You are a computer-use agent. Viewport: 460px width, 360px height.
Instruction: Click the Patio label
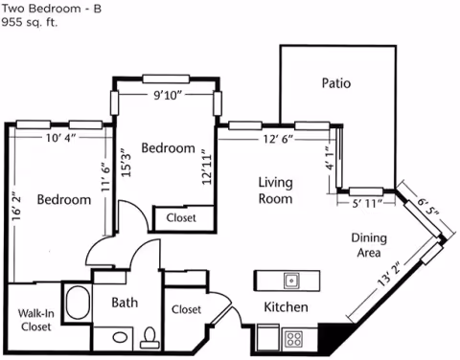(335, 83)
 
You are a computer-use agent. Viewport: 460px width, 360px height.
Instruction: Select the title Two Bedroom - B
(51, 7)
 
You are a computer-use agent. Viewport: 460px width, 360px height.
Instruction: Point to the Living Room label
(275, 191)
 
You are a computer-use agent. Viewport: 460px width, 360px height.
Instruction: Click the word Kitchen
(286, 307)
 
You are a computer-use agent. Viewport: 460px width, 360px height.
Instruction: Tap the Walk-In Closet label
(36, 319)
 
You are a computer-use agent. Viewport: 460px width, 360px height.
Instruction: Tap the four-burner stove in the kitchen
(294, 338)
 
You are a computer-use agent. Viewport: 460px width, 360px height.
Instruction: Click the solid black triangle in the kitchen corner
(330, 337)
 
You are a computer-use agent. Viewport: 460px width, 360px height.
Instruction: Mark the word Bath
(125, 304)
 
